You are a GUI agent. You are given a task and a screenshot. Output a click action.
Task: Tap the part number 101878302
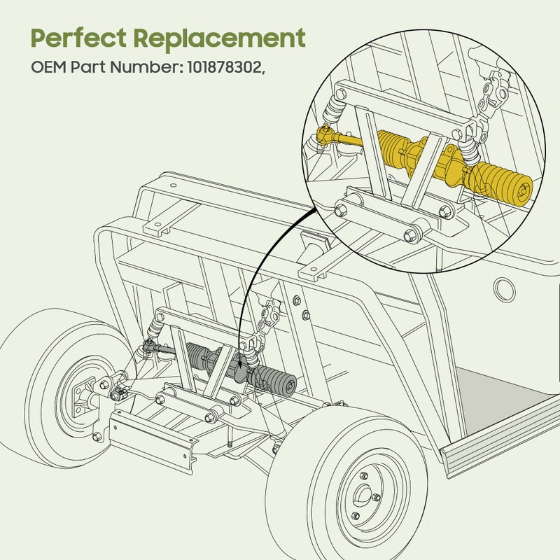pyautogui.click(x=225, y=69)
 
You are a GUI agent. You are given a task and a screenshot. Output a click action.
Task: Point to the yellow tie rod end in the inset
pyautogui.click(x=325, y=135)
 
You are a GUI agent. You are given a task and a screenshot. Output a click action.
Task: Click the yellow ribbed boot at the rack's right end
pyautogui.click(x=503, y=183)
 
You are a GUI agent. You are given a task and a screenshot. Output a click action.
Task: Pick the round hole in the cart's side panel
pyautogui.click(x=505, y=286)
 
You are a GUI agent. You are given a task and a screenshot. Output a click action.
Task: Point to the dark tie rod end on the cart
pyautogui.click(x=148, y=344)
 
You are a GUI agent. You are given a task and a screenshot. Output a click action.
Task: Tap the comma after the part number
pyautogui.click(x=264, y=72)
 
